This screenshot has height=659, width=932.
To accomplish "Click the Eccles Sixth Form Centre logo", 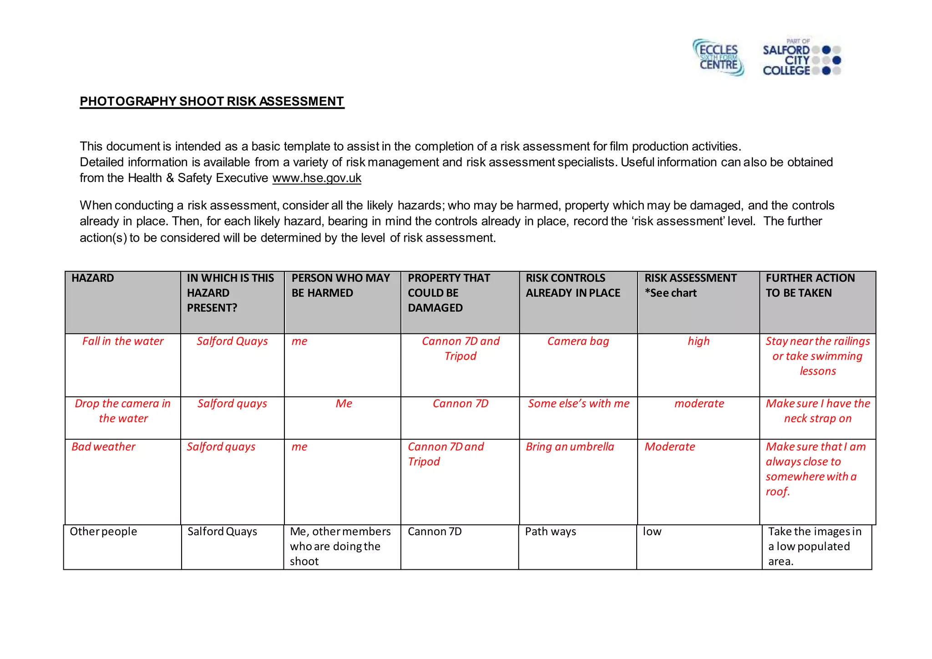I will point(718,57).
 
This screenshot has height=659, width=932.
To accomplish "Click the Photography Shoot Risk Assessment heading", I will point(212,101).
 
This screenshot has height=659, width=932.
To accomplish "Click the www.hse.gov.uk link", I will point(317,178).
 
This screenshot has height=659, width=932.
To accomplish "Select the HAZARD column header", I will point(93,278).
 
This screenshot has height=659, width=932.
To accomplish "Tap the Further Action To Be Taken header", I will point(810,285).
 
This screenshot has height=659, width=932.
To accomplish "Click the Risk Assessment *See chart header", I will point(690,285).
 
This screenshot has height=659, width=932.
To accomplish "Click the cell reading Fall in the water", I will point(123,341).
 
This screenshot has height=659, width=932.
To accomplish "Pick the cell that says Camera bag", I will point(578,341).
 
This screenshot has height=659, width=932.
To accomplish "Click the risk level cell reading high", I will point(699,341).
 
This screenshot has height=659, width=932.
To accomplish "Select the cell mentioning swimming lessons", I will point(817,356).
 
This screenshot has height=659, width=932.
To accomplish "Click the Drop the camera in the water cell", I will point(123,411).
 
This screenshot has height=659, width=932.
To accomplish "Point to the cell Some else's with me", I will point(578,404).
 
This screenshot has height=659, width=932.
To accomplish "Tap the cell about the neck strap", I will point(817,411).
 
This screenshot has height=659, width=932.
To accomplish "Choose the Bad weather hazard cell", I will point(103,447).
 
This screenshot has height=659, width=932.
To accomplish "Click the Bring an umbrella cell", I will point(570,447).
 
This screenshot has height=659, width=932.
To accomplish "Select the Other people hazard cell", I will point(103,532).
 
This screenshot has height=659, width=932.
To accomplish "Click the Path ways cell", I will point(551,532).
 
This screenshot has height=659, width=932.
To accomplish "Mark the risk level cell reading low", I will point(652,532).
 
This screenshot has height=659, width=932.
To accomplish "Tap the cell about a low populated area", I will point(815,546).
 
